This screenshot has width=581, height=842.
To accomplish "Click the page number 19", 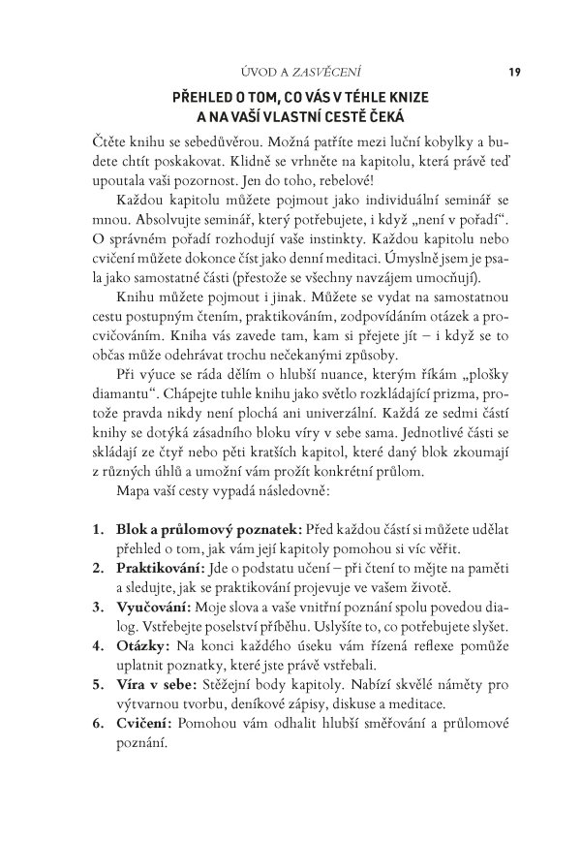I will (514, 70).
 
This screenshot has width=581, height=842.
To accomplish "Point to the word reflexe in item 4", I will (416, 644).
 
